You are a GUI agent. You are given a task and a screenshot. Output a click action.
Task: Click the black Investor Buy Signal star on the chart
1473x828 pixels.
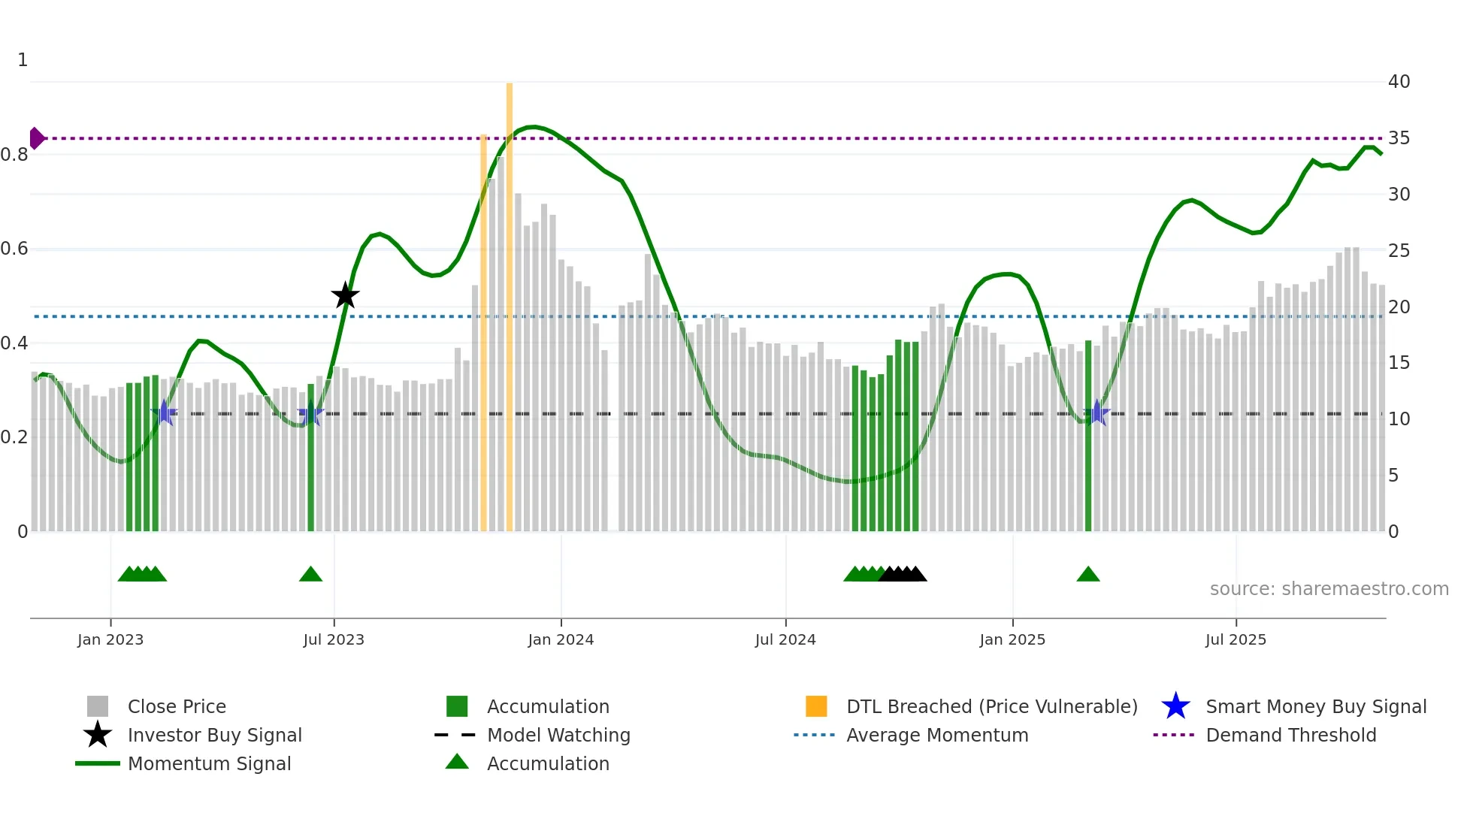pos(345,295)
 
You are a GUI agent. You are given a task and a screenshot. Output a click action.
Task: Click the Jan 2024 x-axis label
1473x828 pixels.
pos(561,639)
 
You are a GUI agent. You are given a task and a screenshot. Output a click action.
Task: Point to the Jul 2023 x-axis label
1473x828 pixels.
pos(334,639)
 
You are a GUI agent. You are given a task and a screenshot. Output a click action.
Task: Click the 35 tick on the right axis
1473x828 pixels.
pos(1399,138)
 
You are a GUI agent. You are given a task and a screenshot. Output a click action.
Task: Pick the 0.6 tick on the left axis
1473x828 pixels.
pos(14,249)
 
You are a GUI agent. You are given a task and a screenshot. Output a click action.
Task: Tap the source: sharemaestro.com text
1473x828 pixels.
pos(1329,588)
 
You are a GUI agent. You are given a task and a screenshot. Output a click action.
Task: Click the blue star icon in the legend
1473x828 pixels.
pos(1175,706)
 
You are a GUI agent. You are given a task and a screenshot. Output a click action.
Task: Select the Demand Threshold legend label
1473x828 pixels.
pos(1290,735)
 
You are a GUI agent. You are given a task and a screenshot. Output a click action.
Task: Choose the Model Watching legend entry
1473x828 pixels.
pos(558,735)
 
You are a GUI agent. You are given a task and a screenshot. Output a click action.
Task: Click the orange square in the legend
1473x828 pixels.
pos(816,706)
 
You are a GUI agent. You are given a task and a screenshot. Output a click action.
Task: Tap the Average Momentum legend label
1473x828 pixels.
pos(937,735)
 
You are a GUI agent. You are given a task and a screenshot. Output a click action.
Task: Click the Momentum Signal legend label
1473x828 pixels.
pos(209,763)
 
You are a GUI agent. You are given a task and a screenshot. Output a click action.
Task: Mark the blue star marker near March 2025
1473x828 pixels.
pos(1096,413)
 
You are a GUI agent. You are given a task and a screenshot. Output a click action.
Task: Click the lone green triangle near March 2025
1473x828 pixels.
pos(1087,575)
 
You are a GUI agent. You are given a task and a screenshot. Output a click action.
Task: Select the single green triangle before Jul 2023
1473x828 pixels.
pos(310,575)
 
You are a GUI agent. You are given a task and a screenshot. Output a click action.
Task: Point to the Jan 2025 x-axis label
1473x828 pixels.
pos(1012,639)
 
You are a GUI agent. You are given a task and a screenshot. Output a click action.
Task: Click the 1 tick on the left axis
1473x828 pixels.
pos(23,60)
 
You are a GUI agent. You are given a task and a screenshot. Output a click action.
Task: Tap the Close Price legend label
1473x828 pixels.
pos(177,706)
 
